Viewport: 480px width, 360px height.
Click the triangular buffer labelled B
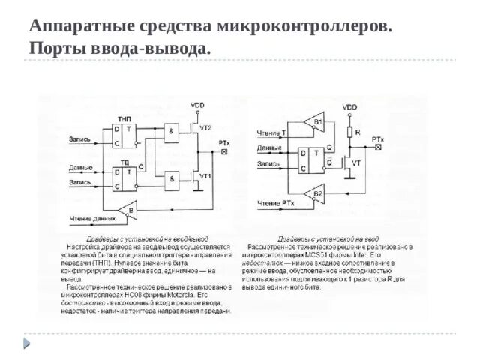tap(130, 212)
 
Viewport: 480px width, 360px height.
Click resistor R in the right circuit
tap(349, 133)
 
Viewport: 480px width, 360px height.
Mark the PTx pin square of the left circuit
tap(224, 151)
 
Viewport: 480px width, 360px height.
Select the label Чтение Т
tap(271, 133)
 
